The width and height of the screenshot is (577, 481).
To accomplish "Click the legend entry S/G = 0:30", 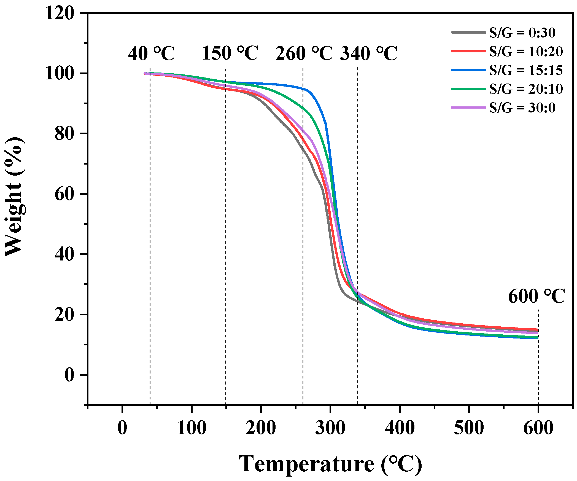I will [x=522, y=33].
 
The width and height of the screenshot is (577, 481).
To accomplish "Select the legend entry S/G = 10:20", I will [x=526, y=52].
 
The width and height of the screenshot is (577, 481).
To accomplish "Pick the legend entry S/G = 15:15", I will [x=526, y=70].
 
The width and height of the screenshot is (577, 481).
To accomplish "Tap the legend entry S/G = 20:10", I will [x=526, y=89].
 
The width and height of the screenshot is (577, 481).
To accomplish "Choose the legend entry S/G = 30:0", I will [x=522, y=108].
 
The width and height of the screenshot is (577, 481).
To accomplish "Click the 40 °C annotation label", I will [x=151, y=53].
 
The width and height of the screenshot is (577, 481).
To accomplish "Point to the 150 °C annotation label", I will [x=230, y=53].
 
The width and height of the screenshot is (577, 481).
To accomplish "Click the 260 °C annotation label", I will [x=304, y=53].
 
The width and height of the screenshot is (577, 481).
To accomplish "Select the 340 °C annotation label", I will [x=368, y=53].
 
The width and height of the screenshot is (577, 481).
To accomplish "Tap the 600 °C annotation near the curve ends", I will [x=536, y=297].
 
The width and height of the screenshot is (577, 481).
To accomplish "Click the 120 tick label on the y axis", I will [x=60, y=13].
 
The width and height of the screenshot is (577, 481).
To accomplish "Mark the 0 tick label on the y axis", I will [x=69, y=375].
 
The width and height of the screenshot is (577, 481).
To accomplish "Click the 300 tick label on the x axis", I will [x=330, y=428].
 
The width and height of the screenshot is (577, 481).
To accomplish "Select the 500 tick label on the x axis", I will [x=469, y=428].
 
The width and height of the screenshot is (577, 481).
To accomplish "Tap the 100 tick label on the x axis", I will [x=192, y=428].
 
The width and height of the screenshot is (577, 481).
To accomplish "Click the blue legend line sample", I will [x=468, y=70].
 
